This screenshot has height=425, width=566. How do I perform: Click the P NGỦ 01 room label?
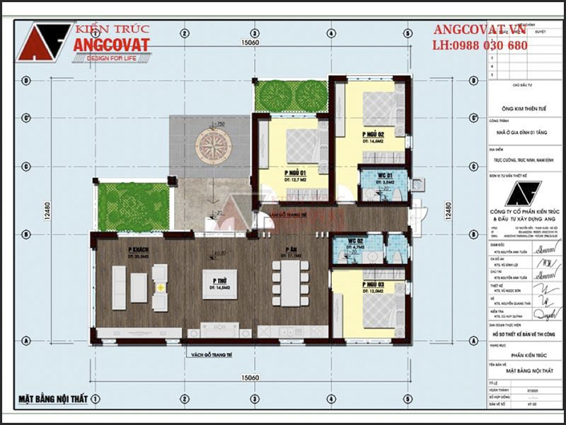pyautogui.click(x=295, y=173)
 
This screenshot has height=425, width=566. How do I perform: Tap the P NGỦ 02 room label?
pyautogui.click(x=373, y=133)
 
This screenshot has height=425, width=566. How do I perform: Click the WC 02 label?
pyautogui.click(x=356, y=241)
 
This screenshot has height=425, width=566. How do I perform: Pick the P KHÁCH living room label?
pyautogui.click(x=137, y=249)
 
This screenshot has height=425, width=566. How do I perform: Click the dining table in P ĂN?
pyautogui.click(x=290, y=283)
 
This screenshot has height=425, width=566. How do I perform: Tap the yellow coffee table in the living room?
pyautogui.click(x=160, y=288)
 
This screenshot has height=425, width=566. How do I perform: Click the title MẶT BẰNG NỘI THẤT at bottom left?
pyautogui.click(x=52, y=399)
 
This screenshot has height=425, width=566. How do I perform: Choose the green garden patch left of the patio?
pyautogui.click(x=133, y=207)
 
